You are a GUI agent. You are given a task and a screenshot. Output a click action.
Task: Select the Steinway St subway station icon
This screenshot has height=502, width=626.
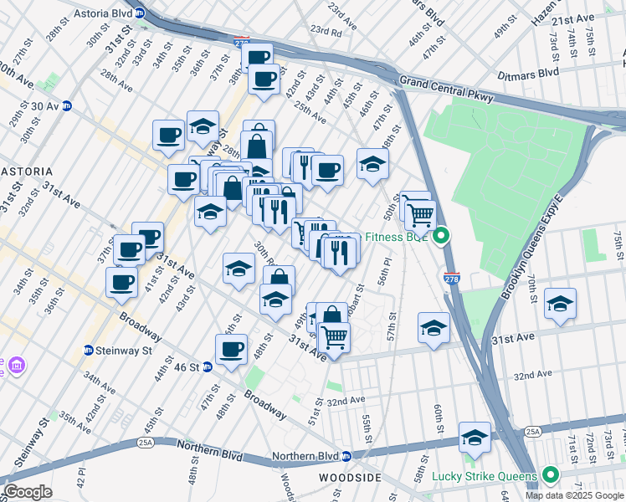click(88, 350)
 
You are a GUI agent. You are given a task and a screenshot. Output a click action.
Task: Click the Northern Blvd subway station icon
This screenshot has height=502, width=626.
click(346, 457)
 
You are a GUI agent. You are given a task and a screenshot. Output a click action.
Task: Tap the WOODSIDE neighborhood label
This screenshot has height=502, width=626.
click(350, 477)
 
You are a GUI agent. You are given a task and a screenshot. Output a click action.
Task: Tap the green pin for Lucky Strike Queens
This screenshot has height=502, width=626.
click(549, 476)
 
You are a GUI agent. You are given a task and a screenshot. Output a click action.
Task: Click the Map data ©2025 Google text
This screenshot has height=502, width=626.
click(574, 495)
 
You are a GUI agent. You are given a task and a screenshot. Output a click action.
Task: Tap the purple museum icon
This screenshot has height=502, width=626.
click(16, 366)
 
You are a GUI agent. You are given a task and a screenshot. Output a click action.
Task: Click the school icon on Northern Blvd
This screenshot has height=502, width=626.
click(475, 438)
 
